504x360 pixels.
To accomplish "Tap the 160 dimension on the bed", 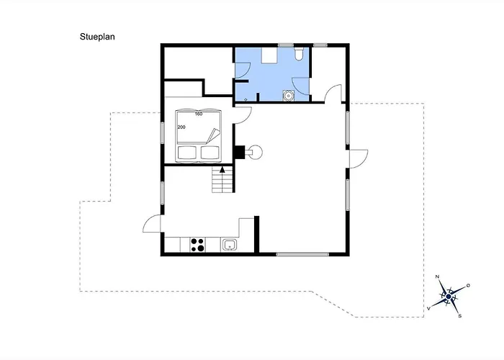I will (x=199, y=114).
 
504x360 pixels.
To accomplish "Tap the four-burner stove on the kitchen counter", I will (x=198, y=244).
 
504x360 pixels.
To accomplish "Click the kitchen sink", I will (x=230, y=245).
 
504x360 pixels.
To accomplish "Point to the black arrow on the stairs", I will (x=222, y=171).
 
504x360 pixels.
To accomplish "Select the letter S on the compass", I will (x=460, y=315).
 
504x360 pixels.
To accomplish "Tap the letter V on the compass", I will (x=430, y=307).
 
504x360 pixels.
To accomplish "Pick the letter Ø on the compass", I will (x=469, y=286).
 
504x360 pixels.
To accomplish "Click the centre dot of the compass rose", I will (x=449, y=296).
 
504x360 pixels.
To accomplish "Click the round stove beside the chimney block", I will (x=254, y=152).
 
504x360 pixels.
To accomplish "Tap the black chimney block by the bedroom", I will (x=238, y=152).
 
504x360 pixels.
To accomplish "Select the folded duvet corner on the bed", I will (x=212, y=134).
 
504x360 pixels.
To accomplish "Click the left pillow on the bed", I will (x=189, y=152).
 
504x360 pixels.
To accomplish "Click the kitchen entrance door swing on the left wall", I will (x=152, y=225).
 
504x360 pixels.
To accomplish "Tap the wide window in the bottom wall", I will (x=303, y=253).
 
